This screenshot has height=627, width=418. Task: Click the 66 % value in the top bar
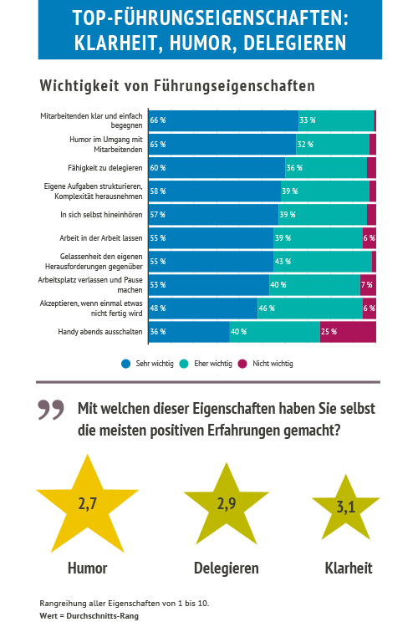pos(158,120)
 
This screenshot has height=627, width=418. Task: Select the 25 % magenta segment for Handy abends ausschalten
pos(348,332)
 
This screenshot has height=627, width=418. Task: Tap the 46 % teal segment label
pos(267,308)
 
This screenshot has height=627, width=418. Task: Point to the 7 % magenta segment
pos(368,285)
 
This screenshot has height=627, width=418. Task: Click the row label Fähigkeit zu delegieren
pos(104,168)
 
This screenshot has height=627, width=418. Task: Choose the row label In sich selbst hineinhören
pos(101,215)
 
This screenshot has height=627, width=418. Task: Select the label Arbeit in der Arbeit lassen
pos(101,238)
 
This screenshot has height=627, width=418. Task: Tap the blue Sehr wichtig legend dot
pos(126,364)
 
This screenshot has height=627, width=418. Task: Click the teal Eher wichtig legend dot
pos(184,364)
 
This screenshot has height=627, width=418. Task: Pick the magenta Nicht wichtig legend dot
pos(242,364)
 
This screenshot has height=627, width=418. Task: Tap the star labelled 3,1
pos(346,508)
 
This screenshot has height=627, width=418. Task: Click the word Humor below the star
pos(88,568)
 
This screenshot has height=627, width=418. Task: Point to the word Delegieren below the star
pos(227,568)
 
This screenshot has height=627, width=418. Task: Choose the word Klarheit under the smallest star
pos(349,568)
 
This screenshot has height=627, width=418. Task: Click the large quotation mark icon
pos(51,410)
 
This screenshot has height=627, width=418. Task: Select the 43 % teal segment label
pos(283,262)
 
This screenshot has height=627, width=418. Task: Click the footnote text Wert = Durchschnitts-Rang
pos(89,616)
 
